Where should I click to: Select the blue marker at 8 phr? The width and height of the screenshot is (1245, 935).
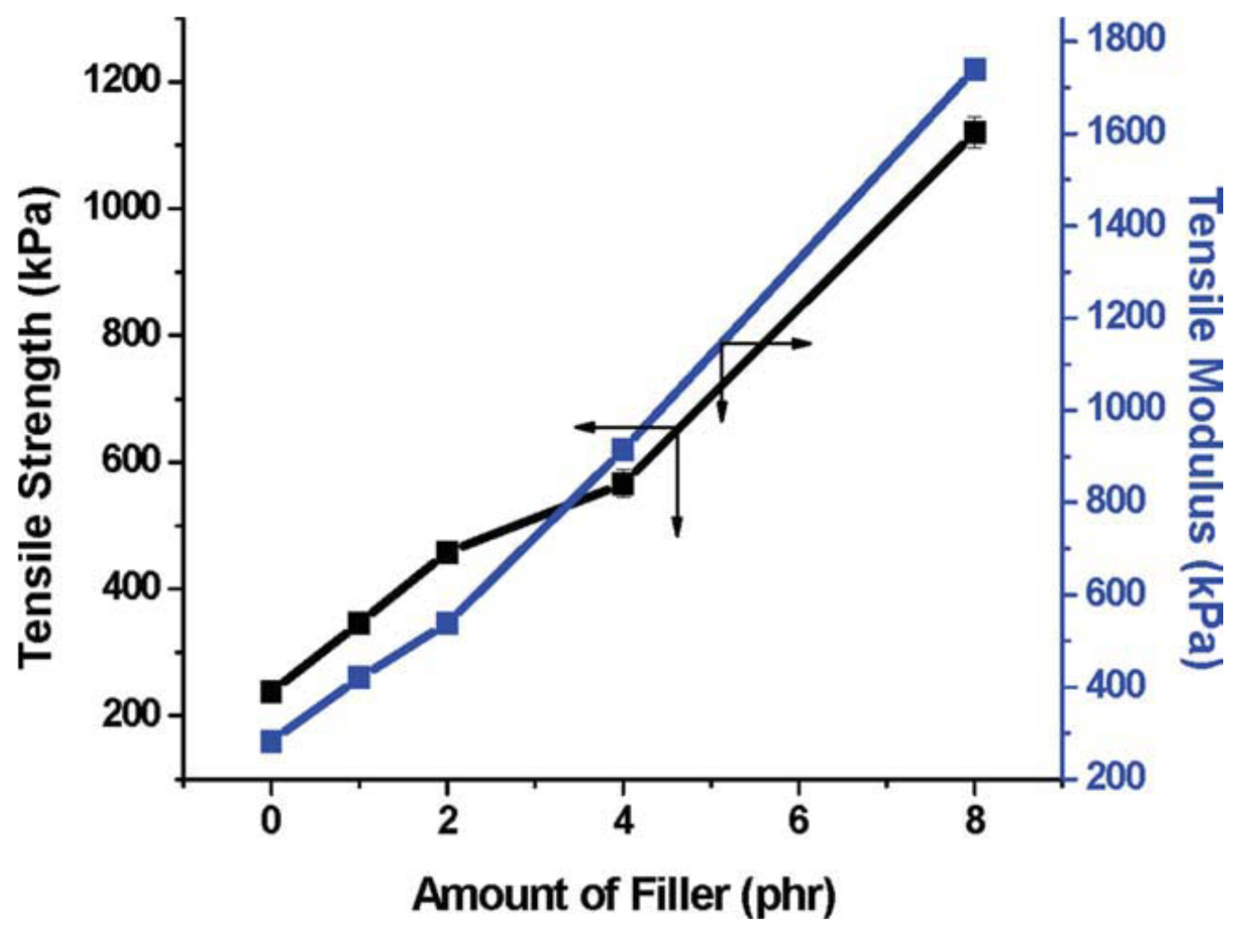[974, 71]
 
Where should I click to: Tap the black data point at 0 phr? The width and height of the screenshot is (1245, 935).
[271, 692]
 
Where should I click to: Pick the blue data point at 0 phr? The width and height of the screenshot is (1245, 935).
[271, 742]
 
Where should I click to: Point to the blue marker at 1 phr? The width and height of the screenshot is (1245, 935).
[359, 677]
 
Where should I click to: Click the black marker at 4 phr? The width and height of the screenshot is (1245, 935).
[623, 485]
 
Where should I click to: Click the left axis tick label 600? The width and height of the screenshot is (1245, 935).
[135, 462]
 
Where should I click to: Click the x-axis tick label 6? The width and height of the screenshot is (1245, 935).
[799, 821]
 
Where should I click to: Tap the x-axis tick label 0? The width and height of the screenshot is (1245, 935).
[271, 821]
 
